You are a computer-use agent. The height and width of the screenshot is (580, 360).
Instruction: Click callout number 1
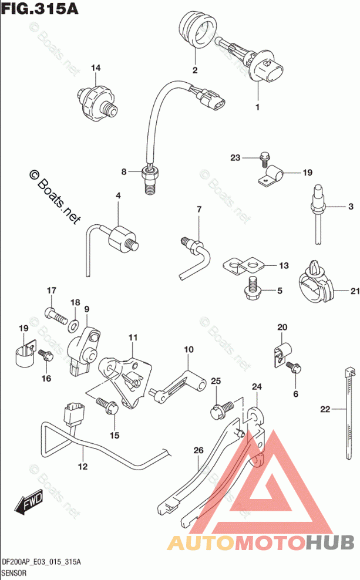pos(257,107)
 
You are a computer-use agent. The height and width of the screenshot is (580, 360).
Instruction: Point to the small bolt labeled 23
pos(264,157)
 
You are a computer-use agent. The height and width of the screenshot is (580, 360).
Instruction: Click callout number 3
pos(350,207)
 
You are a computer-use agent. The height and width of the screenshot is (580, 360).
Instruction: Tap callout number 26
pos(198,450)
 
